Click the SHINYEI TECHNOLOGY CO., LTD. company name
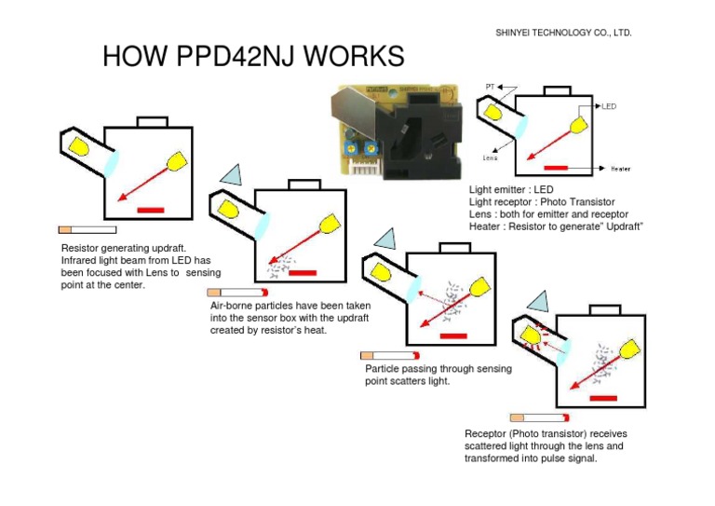[x=565, y=33]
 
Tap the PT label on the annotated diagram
[x=490, y=87]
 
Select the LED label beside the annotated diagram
[x=607, y=106]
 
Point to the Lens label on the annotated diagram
[x=490, y=157]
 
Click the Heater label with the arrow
[x=621, y=169]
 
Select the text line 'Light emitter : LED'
[x=511, y=189]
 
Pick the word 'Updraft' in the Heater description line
[x=623, y=226]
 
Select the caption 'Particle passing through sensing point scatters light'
[x=438, y=375]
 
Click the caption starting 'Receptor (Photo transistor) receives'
[x=544, y=445]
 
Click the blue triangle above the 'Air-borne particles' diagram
[x=230, y=174]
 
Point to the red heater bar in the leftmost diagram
[x=150, y=210]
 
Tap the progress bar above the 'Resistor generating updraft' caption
[x=88, y=229]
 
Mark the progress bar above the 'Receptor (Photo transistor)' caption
[x=539, y=417]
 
